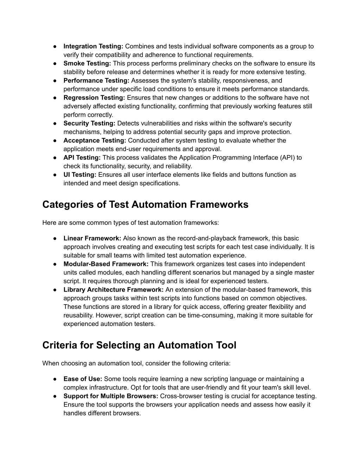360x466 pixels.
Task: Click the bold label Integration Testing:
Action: (93, 46)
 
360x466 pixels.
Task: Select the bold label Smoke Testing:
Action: (87, 63)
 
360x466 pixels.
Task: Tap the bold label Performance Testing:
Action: (96, 81)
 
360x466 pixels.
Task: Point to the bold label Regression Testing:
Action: (94, 98)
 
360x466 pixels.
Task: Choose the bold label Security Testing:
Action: (89, 123)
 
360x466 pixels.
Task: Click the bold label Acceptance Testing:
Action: (95, 141)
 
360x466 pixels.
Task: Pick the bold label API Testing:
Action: (82, 158)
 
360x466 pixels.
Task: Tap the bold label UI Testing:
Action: (80, 175)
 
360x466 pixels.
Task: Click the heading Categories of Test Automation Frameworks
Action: (145, 205)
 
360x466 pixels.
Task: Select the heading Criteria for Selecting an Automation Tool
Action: (139, 345)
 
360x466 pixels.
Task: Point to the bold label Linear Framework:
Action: (92, 238)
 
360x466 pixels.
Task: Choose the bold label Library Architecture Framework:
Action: (114, 290)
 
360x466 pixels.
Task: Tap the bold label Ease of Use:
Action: (83, 379)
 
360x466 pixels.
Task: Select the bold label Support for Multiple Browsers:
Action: (111, 396)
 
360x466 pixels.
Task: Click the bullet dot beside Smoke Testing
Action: (56, 64)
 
